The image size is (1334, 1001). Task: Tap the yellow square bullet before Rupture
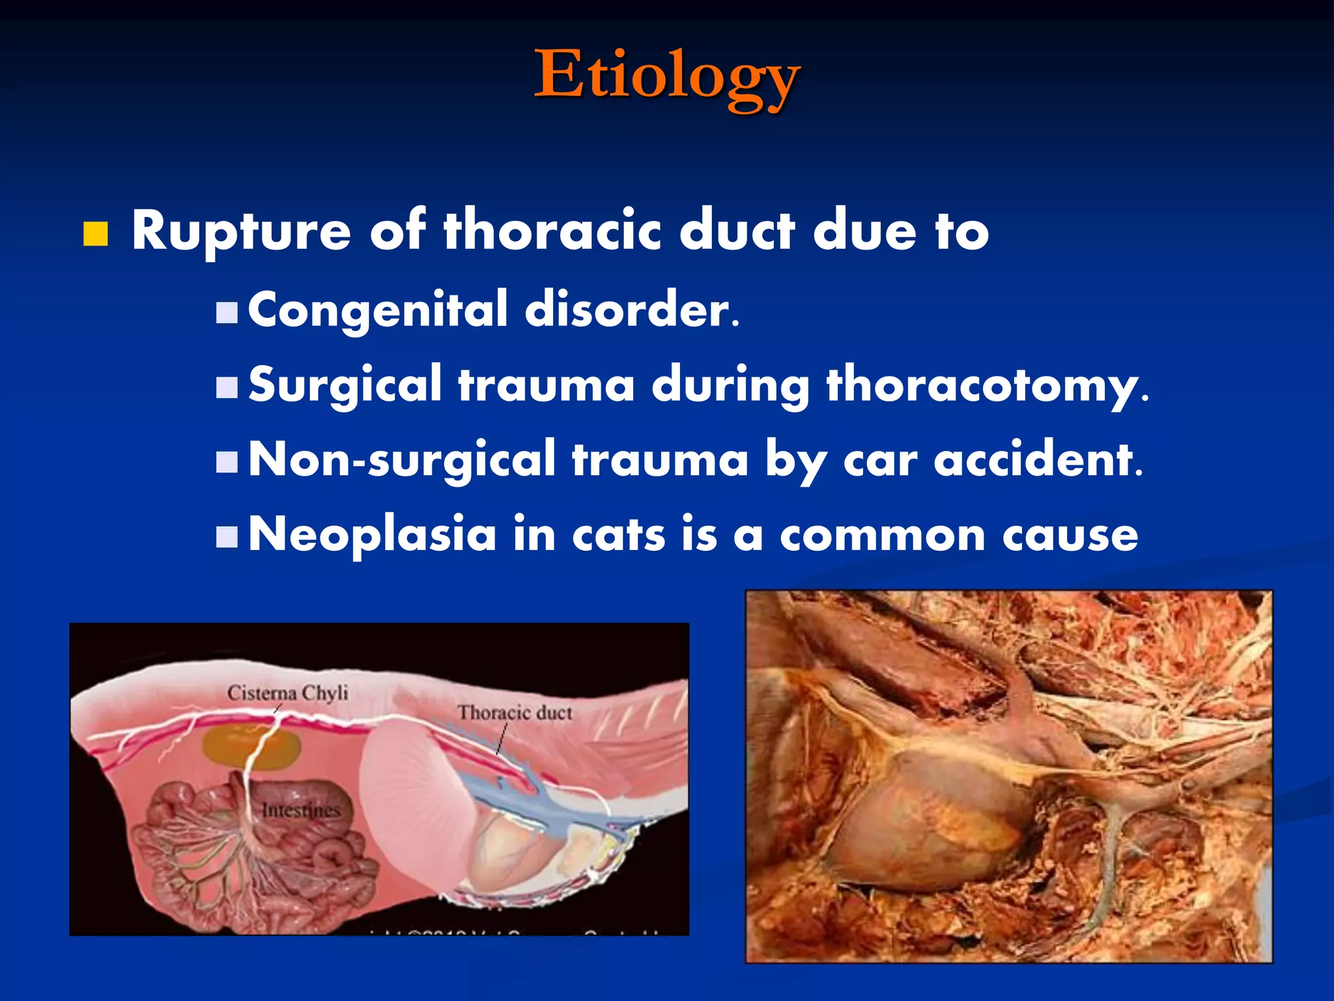95,234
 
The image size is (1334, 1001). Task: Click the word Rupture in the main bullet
241,232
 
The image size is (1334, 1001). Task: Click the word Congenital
377,310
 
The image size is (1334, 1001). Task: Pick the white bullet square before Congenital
227,313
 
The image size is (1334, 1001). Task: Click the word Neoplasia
372,535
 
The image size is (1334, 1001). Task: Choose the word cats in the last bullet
618,535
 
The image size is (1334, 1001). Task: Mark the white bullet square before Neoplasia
227,538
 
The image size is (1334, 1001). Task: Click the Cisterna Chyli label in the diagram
287,693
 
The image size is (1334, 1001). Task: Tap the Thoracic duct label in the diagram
515,713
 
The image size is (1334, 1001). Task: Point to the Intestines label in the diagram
301,811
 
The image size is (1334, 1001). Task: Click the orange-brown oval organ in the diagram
251,747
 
